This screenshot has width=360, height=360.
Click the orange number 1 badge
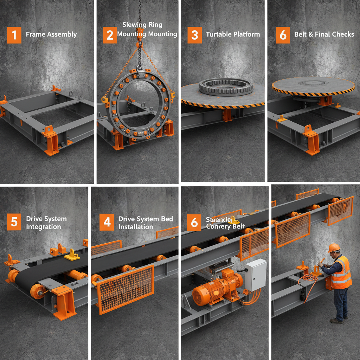(14, 35)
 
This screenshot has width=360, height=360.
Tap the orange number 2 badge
(110, 35)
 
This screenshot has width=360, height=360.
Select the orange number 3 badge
(194, 35)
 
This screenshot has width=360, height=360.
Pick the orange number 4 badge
(107, 223)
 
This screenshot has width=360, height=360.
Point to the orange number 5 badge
(14, 223)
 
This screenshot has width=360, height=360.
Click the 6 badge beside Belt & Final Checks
(283, 35)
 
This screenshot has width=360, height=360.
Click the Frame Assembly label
(51, 34)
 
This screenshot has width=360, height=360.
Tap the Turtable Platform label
(233, 34)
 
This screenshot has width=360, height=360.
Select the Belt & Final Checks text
(324, 34)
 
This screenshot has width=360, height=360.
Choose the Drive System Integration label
(46, 223)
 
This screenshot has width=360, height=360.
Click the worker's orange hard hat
(334, 248)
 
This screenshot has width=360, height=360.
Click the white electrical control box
(256, 275)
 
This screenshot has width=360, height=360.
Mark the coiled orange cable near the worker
(309, 278)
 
